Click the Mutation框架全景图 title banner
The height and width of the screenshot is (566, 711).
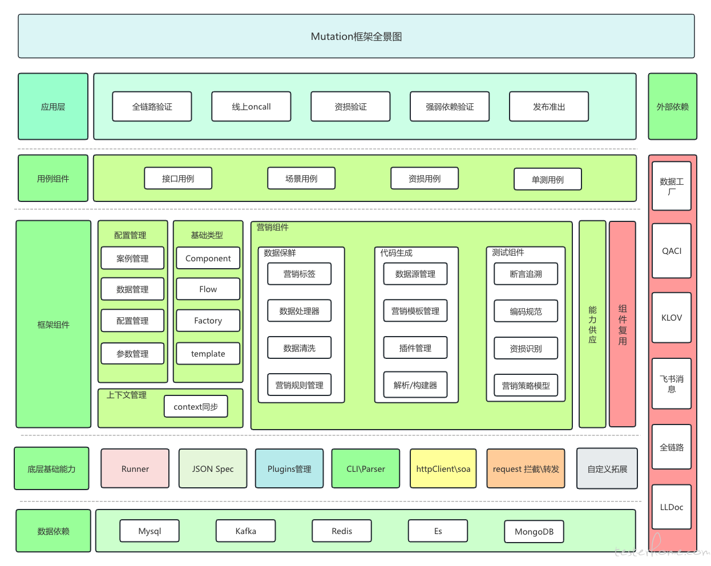click(x=356, y=36)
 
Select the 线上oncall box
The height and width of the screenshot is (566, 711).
click(x=251, y=106)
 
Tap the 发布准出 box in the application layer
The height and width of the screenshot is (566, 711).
click(x=549, y=106)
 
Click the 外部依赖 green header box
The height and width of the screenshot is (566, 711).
click(x=672, y=106)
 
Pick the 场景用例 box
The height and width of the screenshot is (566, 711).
click(x=301, y=179)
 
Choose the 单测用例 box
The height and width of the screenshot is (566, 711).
click(x=547, y=179)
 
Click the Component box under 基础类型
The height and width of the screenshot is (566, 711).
click(x=208, y=258)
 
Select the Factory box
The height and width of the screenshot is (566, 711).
click(x=208, y=321)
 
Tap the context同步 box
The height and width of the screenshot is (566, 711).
click(x=196, y=406)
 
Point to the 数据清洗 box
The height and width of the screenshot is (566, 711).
click(x=300, y=347)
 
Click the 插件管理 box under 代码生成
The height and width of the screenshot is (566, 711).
click(x=415, y=347)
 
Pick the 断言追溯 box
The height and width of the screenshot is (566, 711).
click(x=526, y=274)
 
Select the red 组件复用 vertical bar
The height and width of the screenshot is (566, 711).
click(x=623, y=324)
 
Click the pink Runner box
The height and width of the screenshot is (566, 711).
click(x=135, y=468)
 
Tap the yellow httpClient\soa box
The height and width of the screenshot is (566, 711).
click(x=443, y=468)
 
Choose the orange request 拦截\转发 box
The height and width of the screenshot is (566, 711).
click(x=526, y=468)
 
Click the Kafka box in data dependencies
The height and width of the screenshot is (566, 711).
click(x=245, y=531)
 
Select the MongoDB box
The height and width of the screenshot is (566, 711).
click(x=534, y=532)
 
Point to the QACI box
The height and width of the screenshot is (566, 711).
click(x=672, y=251)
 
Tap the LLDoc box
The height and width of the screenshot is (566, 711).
click(x=672, y=507)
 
